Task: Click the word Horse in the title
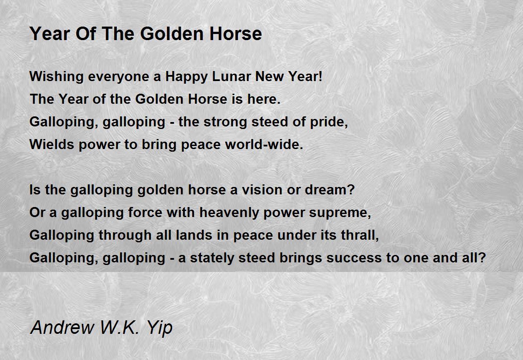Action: [x=236, y=34]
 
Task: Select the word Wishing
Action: [x=57, y=77]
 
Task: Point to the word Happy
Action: [x=187, y=77]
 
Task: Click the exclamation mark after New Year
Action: [x=320, y=76]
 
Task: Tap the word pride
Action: [x=327, y=122]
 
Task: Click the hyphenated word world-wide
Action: [x=264, y=144]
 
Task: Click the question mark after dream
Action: [x=351, y=190]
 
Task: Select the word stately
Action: [x=212, y=258]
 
